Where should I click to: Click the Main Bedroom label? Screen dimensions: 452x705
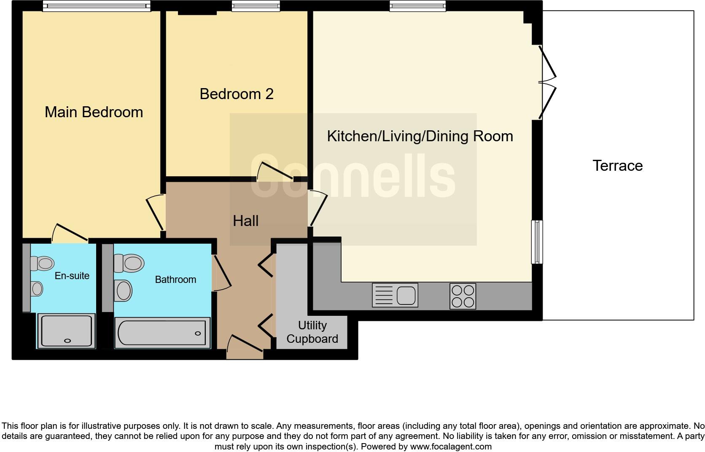[x=94, y=112]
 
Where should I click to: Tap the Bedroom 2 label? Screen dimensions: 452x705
[x=236, y=94]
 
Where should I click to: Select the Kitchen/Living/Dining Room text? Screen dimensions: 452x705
[x=420, y=136]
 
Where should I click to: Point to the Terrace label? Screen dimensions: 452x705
[x=617, y=166]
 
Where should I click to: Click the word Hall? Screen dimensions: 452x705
[x=245, y=221]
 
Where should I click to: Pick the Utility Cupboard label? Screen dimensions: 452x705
[x=312, y=332]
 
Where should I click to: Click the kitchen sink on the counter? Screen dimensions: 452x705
[x=395, y=295]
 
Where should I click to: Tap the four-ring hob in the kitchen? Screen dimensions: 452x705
[x=463, y=296]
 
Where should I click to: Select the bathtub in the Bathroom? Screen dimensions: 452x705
[x=162, y=333]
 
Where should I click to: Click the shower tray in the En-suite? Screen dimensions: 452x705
[x=66, y=331]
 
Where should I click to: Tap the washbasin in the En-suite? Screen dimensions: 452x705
[x=37, y=289]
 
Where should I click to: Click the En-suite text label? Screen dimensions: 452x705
[x=72, y=276]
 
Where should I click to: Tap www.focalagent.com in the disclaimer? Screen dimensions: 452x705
[x=450, y=447]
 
